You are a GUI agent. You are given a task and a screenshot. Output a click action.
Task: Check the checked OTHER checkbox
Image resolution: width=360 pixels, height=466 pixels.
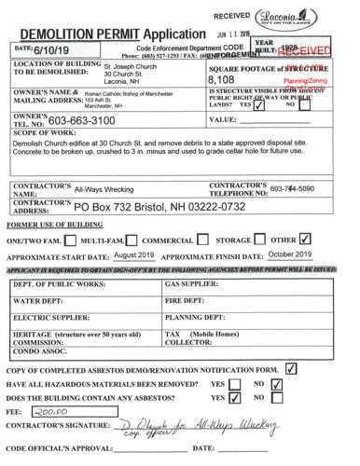pyautogui.click(x=331, y=238)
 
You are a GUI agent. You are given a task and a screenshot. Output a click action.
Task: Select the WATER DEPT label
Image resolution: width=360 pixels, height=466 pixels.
pyautogui.click(x=37, y=302)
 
